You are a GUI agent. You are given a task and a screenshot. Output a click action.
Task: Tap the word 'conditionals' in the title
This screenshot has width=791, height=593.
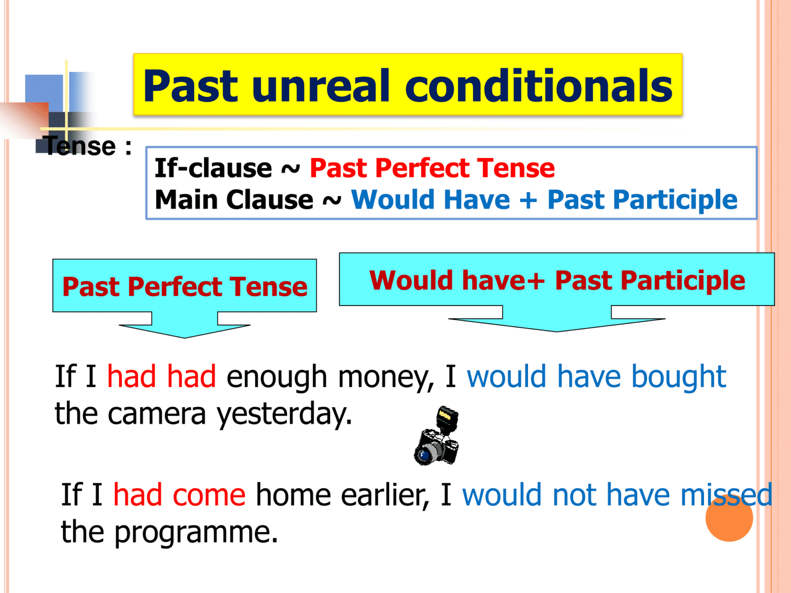coord(539,85)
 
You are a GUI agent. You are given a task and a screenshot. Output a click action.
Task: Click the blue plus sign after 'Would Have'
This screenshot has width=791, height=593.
coord(528,200)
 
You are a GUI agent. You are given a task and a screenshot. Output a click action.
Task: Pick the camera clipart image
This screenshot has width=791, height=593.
coord(437,436)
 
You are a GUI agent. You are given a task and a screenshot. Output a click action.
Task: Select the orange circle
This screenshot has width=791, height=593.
coord(729,518)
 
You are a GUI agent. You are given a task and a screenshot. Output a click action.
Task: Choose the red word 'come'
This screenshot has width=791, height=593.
coord(210,496)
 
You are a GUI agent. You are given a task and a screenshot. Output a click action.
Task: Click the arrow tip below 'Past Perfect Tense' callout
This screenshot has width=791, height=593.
coord(184,338)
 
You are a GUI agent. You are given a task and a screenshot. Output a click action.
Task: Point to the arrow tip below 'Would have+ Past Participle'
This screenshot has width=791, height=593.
coord(557,332)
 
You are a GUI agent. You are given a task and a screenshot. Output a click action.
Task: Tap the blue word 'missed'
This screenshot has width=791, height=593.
coord(727,495)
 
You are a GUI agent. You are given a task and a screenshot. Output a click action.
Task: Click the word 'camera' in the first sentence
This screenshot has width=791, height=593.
coord(157,414)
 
